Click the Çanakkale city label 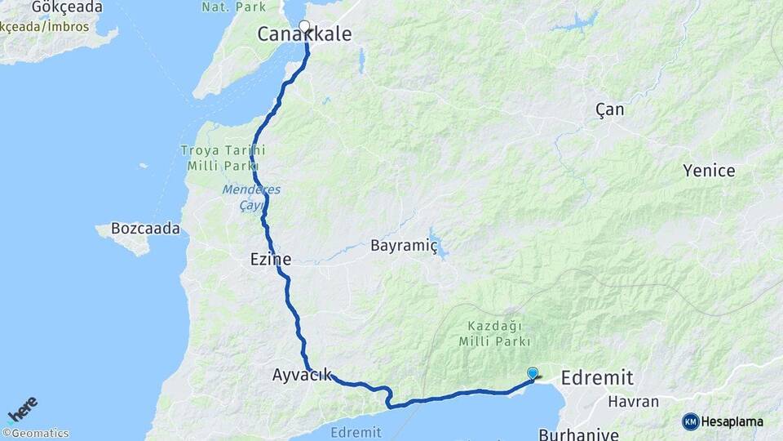304,34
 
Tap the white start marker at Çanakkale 305,26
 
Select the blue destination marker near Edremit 533,373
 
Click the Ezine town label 270,259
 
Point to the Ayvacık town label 302,376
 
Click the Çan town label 609,109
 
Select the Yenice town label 709,171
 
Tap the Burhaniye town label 578,433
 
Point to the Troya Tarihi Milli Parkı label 223,158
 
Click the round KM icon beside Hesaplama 690,421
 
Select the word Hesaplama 732,421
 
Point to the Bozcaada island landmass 126,238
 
